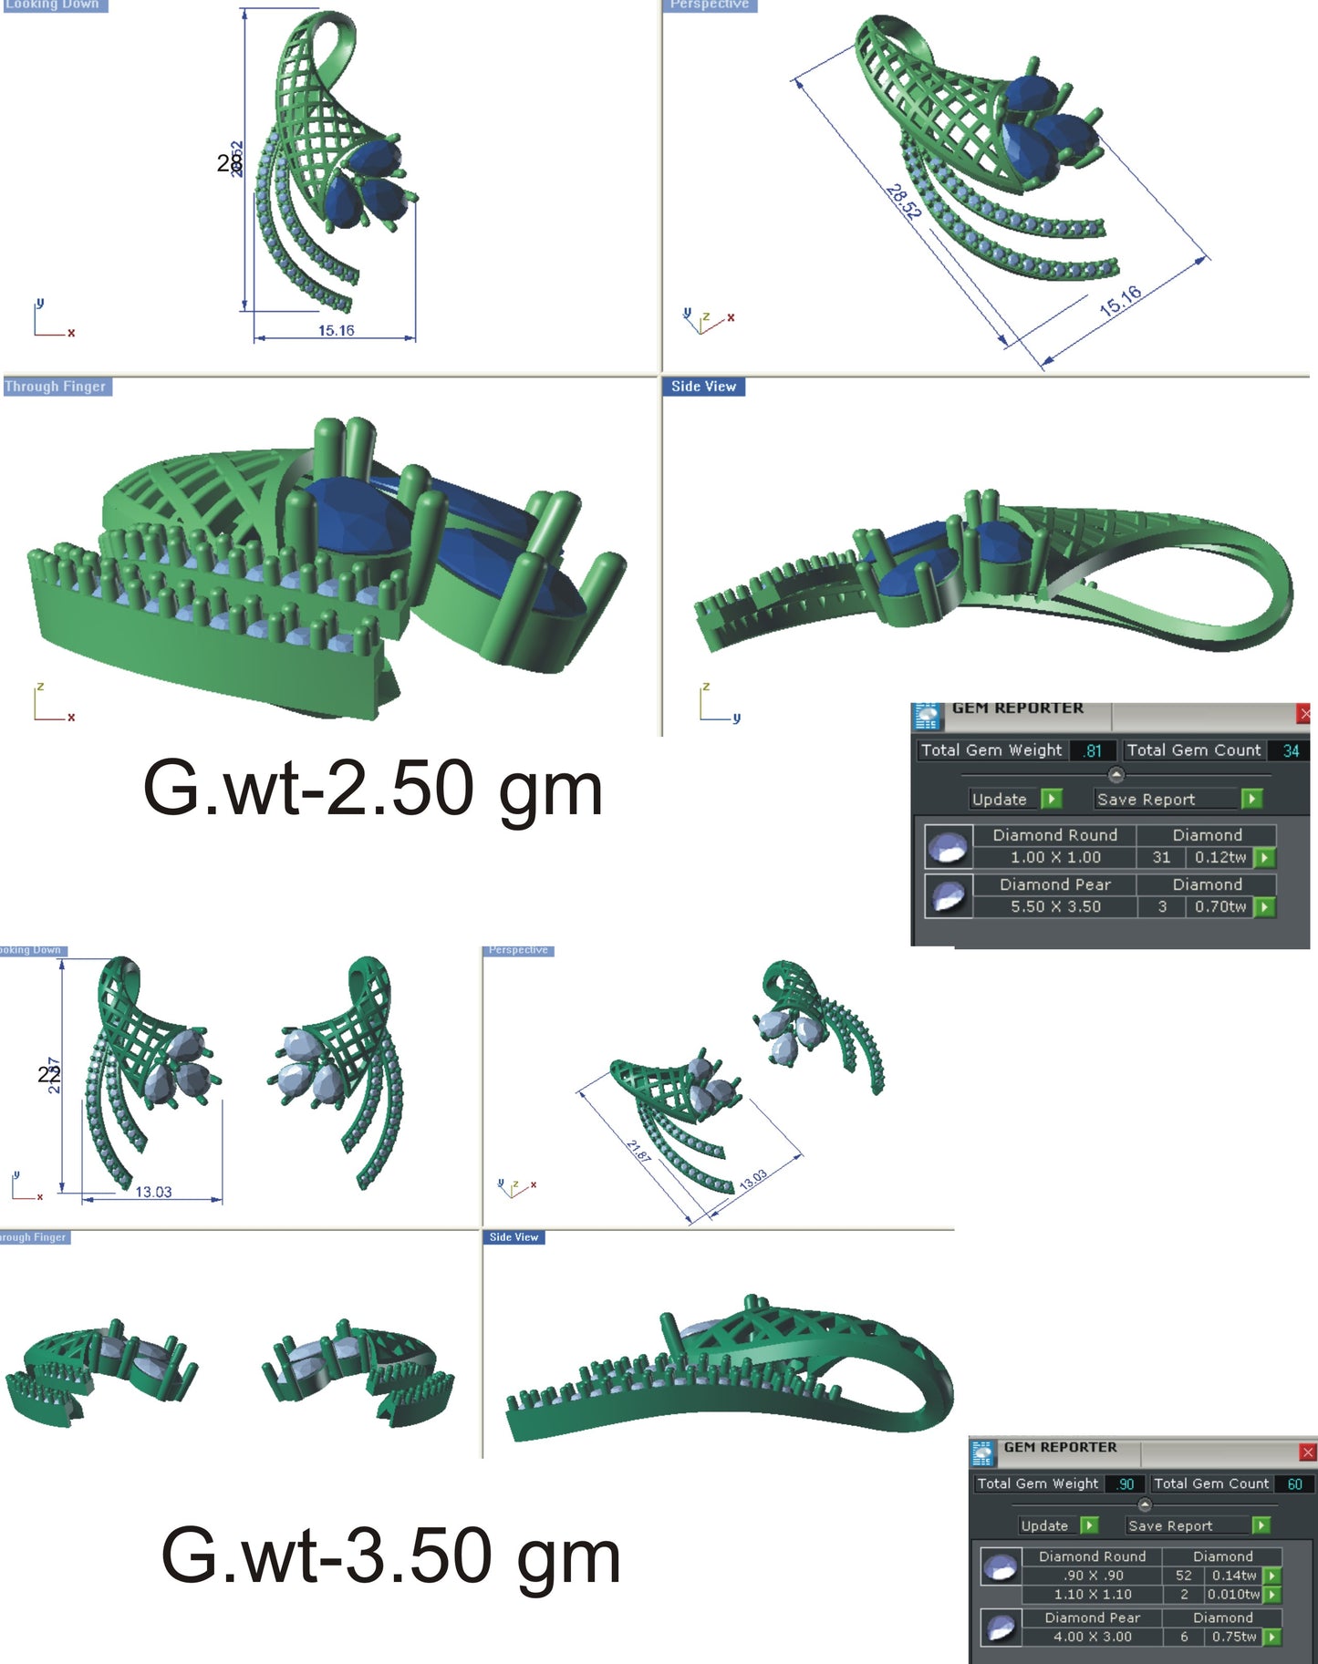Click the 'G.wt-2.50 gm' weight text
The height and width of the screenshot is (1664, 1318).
point(372,789)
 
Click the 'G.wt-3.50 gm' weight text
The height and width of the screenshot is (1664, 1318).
point(390,1556)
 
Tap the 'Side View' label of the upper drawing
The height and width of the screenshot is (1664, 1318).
point(703,387)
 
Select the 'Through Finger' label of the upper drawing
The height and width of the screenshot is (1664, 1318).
point(56,387)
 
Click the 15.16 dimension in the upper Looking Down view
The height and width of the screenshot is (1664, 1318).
point(336,331)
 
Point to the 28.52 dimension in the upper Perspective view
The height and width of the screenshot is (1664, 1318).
point(903,202)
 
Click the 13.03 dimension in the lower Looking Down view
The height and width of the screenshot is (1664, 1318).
point(153,1192)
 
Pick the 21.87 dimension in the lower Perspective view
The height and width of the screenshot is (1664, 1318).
point(638,1151)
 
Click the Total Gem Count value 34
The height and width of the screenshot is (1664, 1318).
point(1291,750)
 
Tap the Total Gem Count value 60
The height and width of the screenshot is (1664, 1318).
point(1294,1483)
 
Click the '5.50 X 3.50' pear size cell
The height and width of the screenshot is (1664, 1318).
point(1055,906)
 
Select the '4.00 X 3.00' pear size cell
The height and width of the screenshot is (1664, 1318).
point(1093,1637)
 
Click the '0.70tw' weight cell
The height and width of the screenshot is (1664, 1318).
point(1219,906)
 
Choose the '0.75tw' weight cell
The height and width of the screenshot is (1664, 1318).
point(1233,1637)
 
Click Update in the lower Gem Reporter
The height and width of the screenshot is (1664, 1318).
point(1044,1525)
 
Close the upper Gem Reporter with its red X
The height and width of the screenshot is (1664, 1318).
point(1305,714)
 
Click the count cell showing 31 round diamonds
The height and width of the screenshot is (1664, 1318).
point(1161,857)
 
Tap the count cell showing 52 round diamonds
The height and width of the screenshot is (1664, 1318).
point(1184,1575)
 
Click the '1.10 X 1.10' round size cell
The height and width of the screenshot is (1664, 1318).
point(1093,1594)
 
